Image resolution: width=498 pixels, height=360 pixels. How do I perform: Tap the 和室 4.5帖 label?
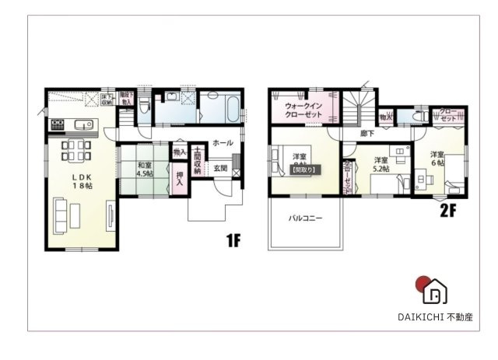(x=144, y=169)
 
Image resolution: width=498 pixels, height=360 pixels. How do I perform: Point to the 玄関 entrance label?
(x=219, y=168)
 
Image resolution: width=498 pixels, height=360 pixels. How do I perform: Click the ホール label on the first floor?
(x=222, y=143)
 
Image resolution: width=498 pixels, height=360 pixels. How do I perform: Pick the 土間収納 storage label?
(x=198, y=161)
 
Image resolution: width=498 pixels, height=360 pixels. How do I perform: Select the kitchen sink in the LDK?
(x=79, y=125)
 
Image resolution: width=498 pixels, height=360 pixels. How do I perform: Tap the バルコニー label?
(x=306, y=218)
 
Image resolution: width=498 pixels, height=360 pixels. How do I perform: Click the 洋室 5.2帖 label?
(x=381, y=165)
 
